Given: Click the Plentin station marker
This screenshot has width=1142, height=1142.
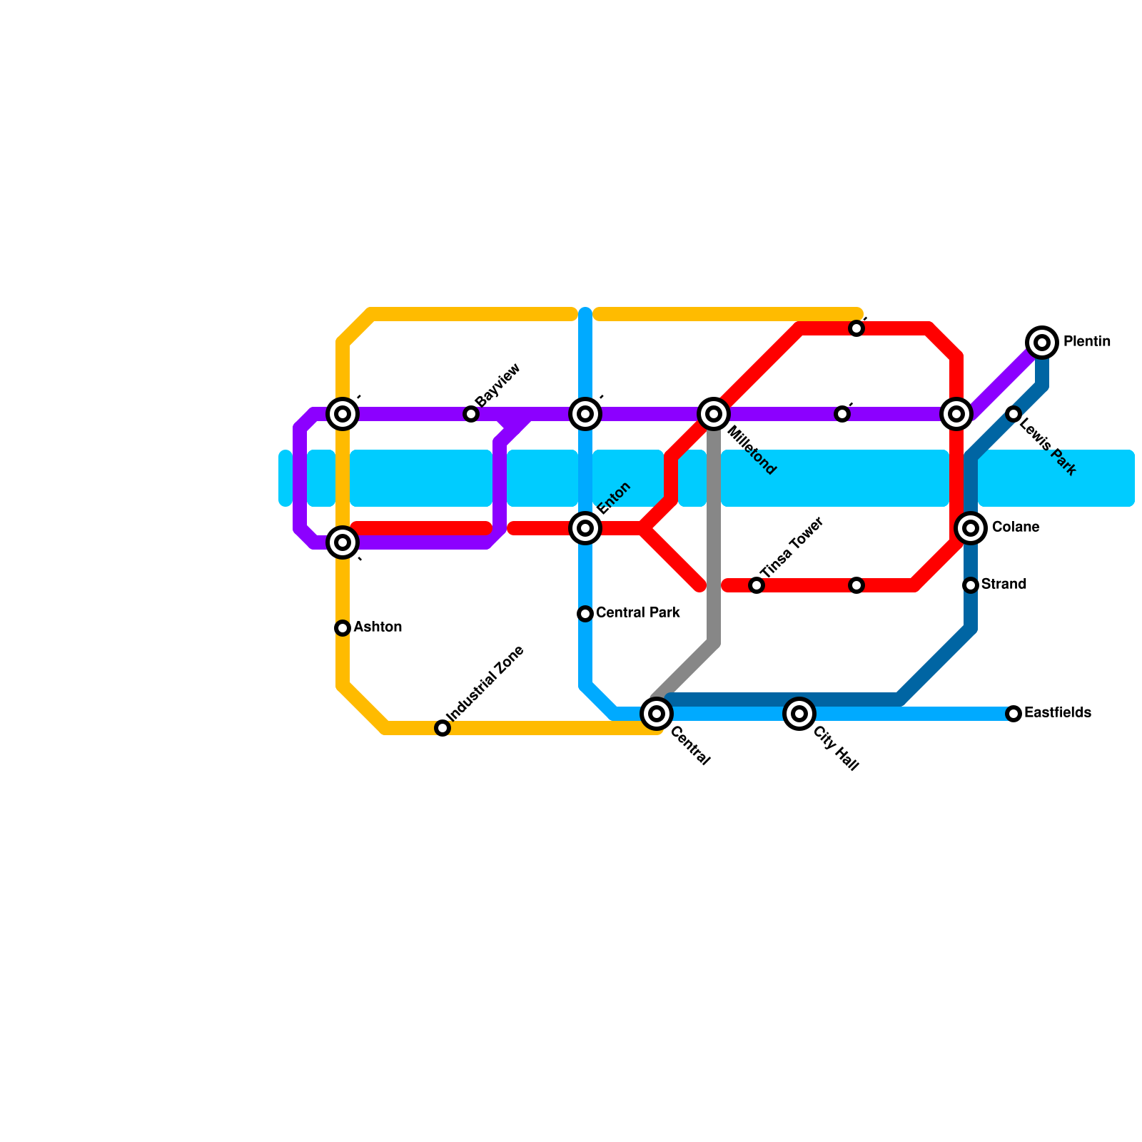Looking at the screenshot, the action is coord(1042,343).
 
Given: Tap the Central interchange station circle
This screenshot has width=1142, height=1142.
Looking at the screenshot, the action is coord(657,713).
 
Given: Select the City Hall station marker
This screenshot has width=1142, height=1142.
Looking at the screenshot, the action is coord(799,713).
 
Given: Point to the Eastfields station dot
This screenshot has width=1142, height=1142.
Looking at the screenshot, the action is coord(1014,713).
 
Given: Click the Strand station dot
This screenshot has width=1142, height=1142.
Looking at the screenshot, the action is coord(971,585).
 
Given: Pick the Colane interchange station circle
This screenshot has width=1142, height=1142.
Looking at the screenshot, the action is coord(971,528).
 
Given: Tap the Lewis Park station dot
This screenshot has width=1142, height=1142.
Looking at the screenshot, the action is coord(1014,414).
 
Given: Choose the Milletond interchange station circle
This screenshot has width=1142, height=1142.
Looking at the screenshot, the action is coord(714,414).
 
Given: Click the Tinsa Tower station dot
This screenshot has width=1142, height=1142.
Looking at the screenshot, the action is coord(757,585).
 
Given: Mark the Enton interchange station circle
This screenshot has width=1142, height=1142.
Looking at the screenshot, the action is coord(585,528).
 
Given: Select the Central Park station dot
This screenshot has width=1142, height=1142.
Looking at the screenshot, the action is coord(585,614).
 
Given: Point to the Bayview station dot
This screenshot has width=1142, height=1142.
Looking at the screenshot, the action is coord(471,414).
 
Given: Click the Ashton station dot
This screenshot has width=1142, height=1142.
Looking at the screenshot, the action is coord(343,628).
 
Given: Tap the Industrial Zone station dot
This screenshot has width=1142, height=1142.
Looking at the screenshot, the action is coord(443,728).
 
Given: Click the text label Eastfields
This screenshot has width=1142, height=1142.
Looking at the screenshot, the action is coord(1057,713).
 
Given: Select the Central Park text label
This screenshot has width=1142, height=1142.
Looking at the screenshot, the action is coord(637,613).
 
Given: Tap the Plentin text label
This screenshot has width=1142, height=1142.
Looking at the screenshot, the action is coord(1086,342).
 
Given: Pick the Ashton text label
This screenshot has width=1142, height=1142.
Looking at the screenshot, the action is coord(378,627).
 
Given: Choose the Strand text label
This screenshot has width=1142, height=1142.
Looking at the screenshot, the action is coord(1004,585).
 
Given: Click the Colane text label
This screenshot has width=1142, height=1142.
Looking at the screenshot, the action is coord(1015,527).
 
